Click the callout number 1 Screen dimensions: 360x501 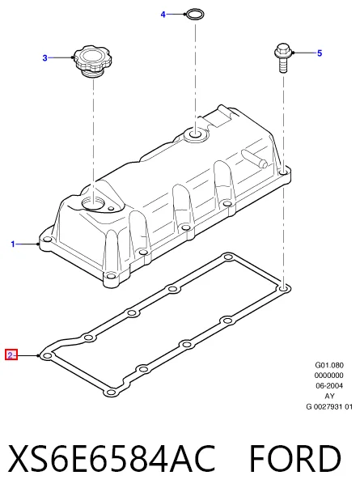pos(13,244)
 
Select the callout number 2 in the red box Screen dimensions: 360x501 pos(11,355)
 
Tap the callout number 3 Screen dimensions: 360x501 pos(44,57)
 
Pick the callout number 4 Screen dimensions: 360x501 pos(163,15)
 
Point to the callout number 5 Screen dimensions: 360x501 pos(320,53)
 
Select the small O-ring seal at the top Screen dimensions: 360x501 pos(194,15)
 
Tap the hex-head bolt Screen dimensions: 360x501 pos(282,57)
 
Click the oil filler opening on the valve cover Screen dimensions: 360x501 pos(92,203)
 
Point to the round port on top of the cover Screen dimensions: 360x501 pos(196,134)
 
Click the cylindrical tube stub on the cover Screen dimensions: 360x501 pos(255,158)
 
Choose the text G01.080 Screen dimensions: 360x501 pos(329,365)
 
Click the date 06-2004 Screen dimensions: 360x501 pos(329,385)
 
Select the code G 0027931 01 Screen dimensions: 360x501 pos(329,407)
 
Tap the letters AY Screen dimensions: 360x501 pos(329,397)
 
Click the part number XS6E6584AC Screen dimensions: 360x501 pos(112,458)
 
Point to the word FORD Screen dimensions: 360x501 pos(294,458)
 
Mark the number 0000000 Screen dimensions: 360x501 pos(329,375)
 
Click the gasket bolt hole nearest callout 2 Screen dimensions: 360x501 pos(47,356)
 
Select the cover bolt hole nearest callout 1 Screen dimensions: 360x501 pos(47,240)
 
